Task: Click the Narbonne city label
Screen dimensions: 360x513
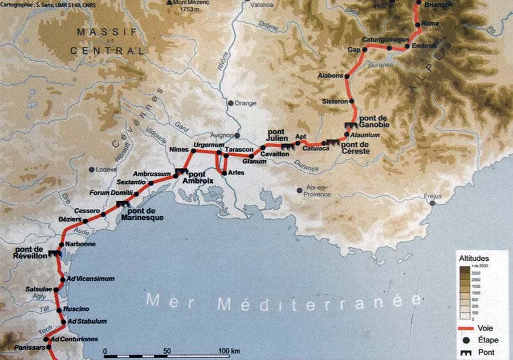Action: (80, 244)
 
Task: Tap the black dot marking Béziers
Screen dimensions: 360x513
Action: (85, 221)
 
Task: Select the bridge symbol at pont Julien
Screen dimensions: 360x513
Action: (287, 146)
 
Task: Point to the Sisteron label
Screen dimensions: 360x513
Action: (335, 101)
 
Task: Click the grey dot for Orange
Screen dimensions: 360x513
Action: (230, 104)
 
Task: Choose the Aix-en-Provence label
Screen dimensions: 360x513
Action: (317, 191)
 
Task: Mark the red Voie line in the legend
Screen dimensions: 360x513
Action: (466, 328)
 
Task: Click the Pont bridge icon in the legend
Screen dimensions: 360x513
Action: (465, 352)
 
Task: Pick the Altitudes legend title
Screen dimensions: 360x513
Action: (474, 258)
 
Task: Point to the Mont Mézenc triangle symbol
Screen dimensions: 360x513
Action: (169, 2)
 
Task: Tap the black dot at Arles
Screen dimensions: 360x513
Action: (224, 173)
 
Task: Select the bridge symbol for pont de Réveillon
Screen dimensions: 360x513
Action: (55, 253)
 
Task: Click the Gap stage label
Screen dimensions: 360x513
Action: (354, 50)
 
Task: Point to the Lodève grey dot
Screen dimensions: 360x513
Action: (91, 169)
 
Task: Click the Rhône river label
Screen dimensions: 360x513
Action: (222, 60)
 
